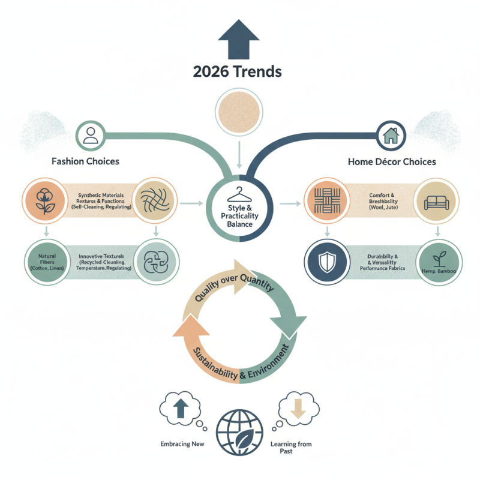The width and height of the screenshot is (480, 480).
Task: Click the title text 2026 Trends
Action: coord(238,71)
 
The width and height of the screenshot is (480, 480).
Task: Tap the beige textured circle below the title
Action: coord(239,113)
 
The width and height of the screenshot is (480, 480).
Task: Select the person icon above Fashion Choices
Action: coord(91,134)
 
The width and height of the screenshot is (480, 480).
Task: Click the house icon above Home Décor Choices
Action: coord(390,134)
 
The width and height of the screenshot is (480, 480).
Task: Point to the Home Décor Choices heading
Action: coord(392,161)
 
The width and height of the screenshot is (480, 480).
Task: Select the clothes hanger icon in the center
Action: coord(239,193)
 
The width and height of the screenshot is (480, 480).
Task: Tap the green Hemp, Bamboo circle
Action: coord(437,259)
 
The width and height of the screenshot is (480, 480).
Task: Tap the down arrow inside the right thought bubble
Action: coord(299,409)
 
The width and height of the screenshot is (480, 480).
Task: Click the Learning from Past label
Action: coord(299,447)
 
